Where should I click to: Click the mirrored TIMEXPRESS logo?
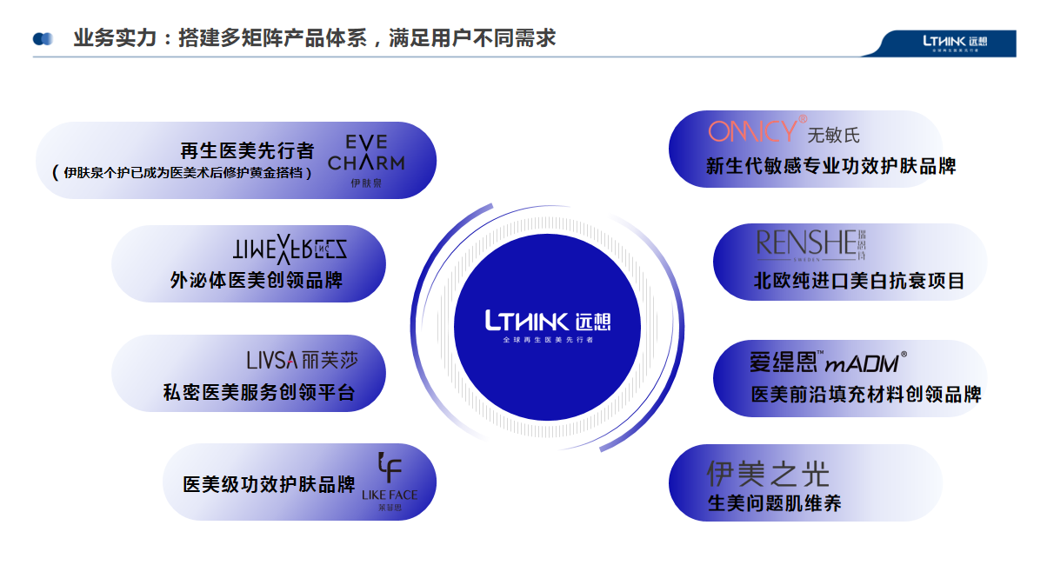tap(290, 250)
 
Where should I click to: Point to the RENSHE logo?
tap(811, 244)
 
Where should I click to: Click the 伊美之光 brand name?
tap(768, 474)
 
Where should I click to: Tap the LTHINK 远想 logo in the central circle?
tap(548, 322)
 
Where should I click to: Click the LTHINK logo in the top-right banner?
tap(956, 42)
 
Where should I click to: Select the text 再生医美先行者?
tap(247, 150)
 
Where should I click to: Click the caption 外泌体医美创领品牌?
tap(257, 280)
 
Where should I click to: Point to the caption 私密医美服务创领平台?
tap(259, 392)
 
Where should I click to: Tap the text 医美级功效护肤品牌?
tap(269, 484)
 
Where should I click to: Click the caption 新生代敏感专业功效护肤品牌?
tap(830, 165)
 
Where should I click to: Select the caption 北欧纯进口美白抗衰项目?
tap(858, 280)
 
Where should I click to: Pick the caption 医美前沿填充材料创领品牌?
tap(866, 394)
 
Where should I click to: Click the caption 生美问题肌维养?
tap(774, 502)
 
